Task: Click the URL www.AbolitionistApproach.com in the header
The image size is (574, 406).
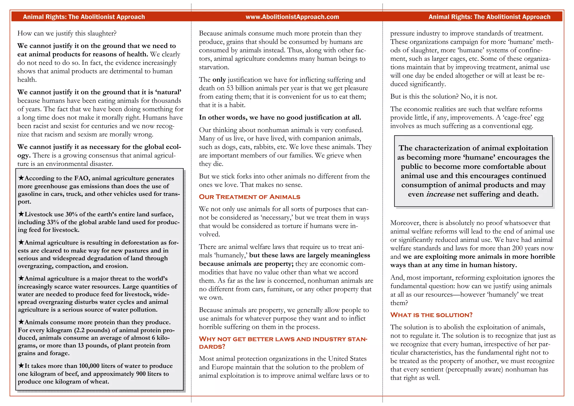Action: click(x=292, y=17)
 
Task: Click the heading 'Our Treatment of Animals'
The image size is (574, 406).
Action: click(x=249, y=197)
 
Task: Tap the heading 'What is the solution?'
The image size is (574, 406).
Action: click(x=431, y=315)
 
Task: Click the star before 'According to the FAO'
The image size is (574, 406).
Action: click(x=21, y=178)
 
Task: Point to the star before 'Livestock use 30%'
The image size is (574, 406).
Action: click(x=21, y=214)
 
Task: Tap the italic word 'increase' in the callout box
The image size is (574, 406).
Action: click(x=440, y=194)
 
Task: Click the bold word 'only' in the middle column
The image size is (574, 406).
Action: click(x=219, y=80)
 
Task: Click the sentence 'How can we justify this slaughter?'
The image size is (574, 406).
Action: click(x=67, y=33)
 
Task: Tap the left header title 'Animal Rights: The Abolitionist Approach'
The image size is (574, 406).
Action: click(x=84, y=17)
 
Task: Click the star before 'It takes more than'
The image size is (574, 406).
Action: click(x=21, y=366)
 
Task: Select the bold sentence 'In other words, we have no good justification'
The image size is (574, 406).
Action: click(x=280, y=117)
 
